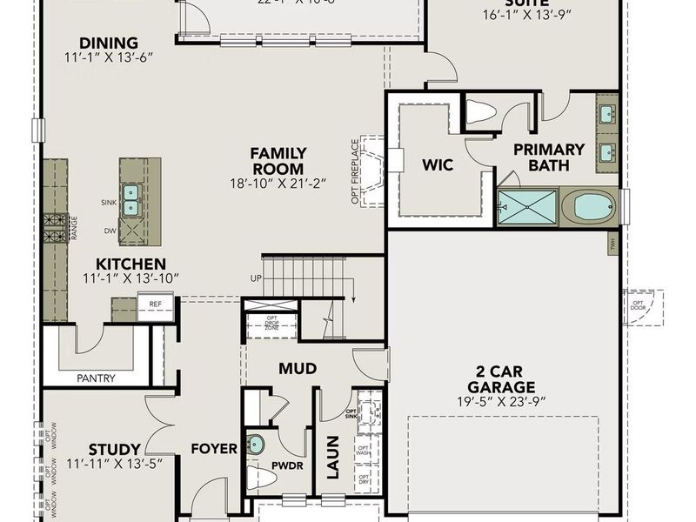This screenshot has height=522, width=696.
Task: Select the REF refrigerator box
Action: click(x=155, y=304)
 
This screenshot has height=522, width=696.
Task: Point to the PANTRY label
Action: click(x=96, y=378)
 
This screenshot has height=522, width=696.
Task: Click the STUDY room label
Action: click(x=90, y=450)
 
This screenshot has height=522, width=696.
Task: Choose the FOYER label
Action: click(x=214, y=449)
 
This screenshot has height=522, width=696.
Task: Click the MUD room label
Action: click(x=297, y=369)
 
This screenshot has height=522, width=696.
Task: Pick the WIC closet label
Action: click(x=438, y=164)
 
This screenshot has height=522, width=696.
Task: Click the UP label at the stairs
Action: click(x=255, y=278)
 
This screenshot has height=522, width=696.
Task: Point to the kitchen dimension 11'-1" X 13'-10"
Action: click(x=130, y=278)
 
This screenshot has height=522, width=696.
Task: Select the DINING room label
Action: click(x=109, y=43)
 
